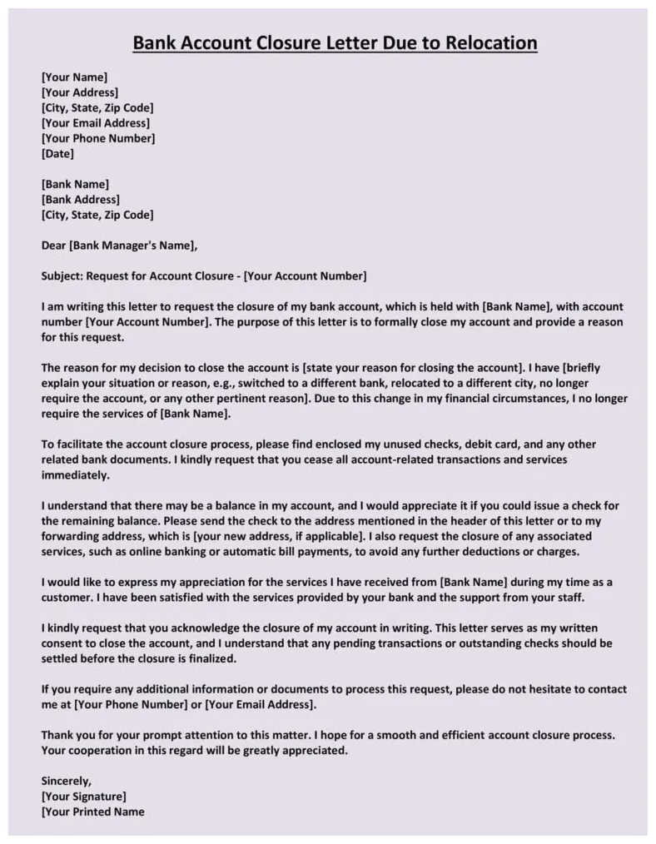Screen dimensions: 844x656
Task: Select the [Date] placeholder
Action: tap(57, 154)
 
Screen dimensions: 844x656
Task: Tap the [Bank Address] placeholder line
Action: tap(81, 200)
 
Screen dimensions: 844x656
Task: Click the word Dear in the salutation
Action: tap(54, 246)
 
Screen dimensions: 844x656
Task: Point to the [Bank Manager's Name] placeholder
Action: tap(132, 246)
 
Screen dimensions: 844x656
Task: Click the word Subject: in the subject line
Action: tap(62, 276)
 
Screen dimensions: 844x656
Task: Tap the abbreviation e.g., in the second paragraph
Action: tap(240, 384)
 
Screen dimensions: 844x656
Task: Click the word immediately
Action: tap(75, 475)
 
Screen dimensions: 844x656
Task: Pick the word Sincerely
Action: tap(66, 781)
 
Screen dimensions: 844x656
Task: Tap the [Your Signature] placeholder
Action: tap(83, 797)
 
